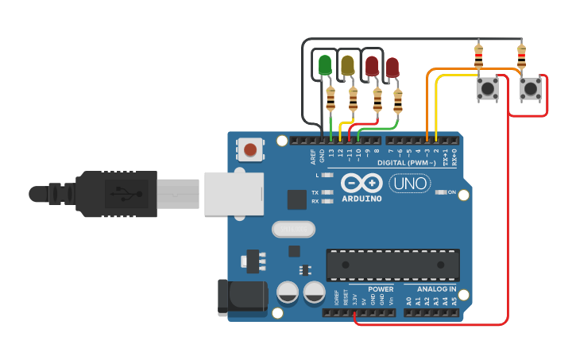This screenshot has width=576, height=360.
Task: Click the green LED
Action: pos(324,64)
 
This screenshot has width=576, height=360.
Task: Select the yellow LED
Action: pos(347,64)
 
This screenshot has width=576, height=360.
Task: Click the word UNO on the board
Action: pos(410,184)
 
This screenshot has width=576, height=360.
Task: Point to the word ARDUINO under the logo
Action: pos(362,198)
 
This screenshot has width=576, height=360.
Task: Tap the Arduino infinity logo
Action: pos(362,183)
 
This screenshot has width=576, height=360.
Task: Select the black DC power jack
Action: pos(242,296)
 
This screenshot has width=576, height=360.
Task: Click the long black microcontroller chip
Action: pos(392,265)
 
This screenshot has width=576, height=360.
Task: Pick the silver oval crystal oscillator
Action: pos(293,230)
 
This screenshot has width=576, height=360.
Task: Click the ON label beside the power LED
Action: pos(451,192)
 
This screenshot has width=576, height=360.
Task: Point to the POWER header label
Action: pos(381,289)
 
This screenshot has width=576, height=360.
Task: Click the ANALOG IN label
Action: pos(435,289)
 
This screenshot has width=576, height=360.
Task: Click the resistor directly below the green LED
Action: pos(331,99)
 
